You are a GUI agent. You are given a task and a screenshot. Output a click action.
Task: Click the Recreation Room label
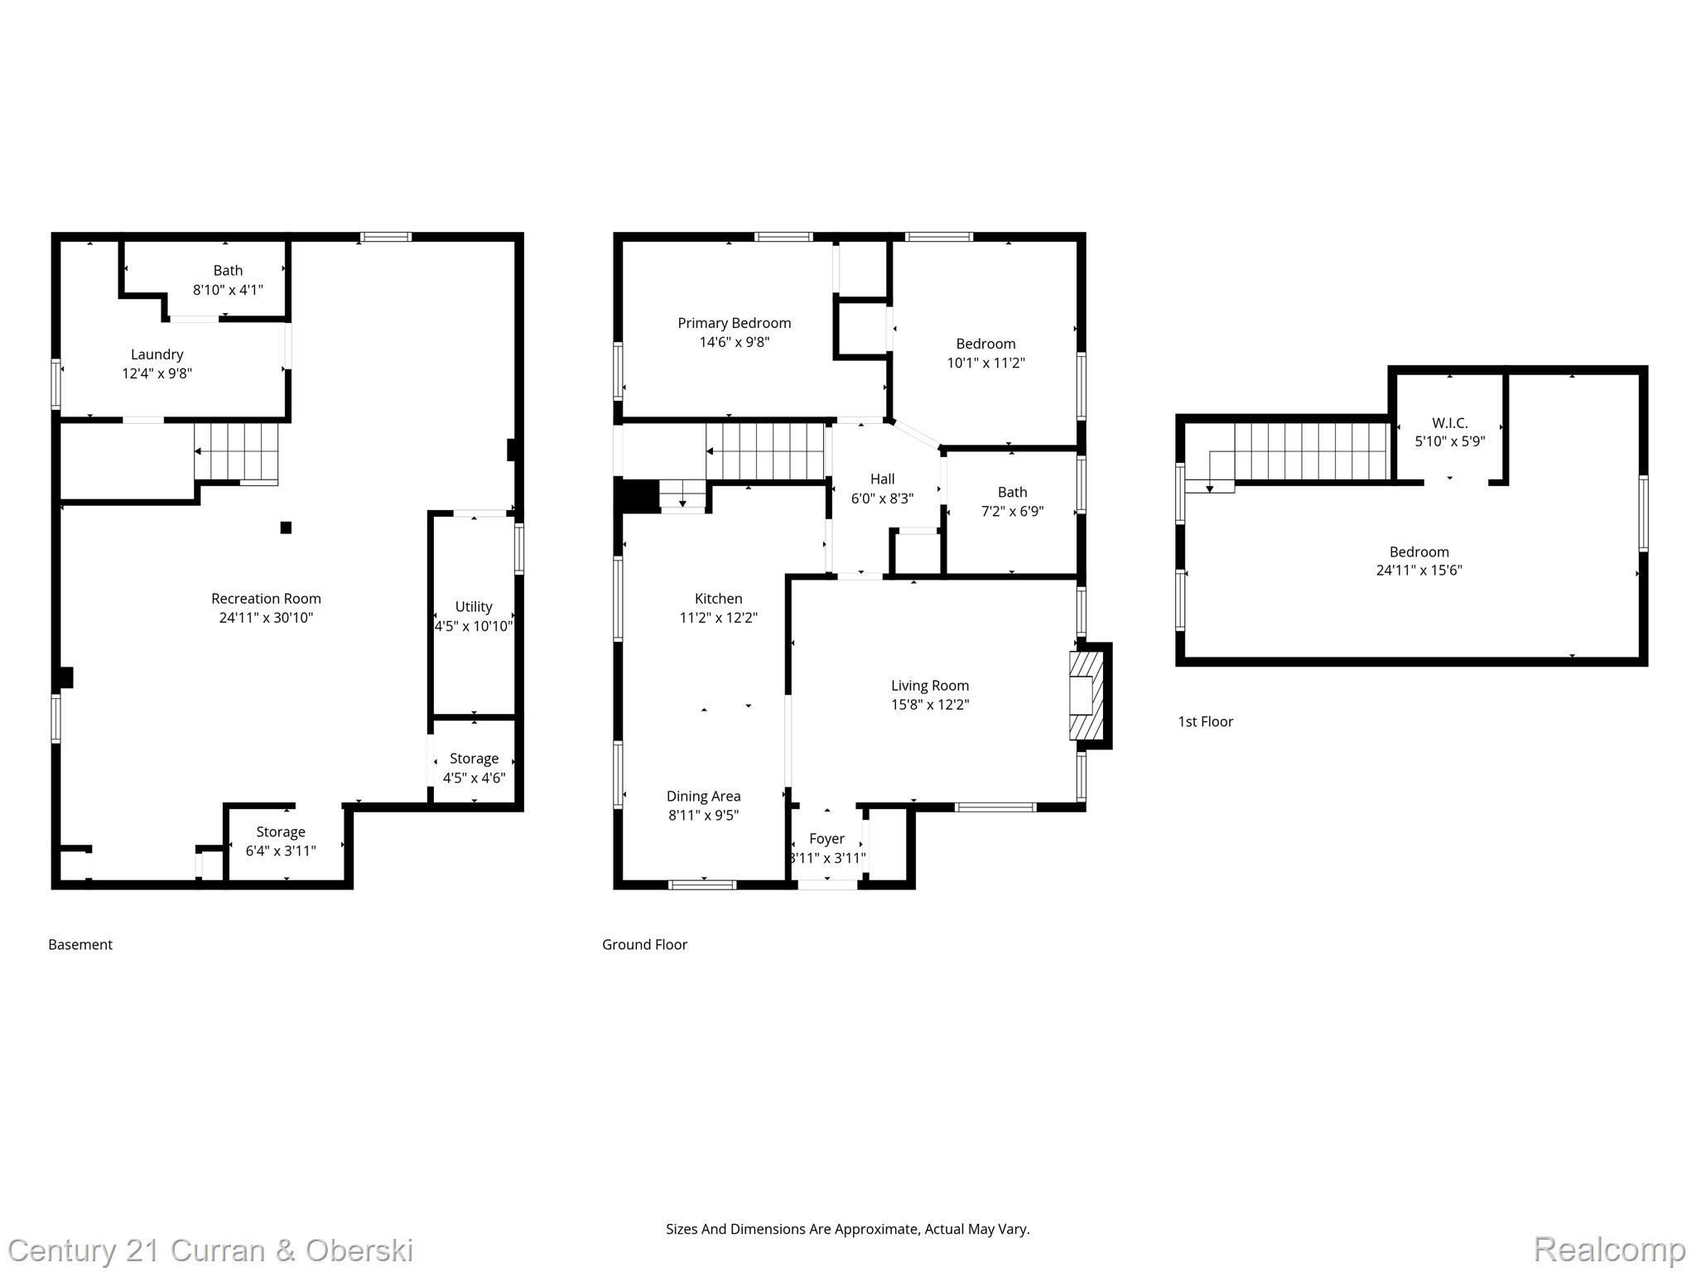[x=266, y=599]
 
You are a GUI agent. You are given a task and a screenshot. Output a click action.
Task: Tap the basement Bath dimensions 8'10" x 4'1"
[x=228, y=290]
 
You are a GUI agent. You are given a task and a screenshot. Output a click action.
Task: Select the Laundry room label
[x=157, y=354]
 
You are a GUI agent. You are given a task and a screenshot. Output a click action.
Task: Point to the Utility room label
[x=474, y=607]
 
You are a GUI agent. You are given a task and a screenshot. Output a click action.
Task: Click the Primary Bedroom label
[x=734, y=323]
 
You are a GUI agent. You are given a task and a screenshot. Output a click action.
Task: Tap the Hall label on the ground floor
[x=882, y=479]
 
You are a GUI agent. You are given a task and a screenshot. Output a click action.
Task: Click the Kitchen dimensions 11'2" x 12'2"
[x=718, y=618]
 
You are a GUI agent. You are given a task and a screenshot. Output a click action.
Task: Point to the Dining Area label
[x=703, y=796]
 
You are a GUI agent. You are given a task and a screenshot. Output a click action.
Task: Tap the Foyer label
[x=826, y=839]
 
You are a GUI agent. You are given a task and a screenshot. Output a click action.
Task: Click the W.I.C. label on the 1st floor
[x=1449, y=422]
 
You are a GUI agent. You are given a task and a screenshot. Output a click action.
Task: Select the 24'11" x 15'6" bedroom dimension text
[x=1419, y=571]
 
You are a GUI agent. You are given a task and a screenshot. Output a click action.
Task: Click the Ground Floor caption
[x=644, y=944]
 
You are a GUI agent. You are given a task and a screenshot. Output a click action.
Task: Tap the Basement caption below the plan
[x=80, y=944]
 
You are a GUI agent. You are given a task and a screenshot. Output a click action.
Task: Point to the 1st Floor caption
[x=1205, y=721]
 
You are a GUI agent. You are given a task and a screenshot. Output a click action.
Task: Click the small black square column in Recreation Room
[x=286, y=528]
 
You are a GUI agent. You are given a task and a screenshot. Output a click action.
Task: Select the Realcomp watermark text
[x=1608, y=1249]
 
